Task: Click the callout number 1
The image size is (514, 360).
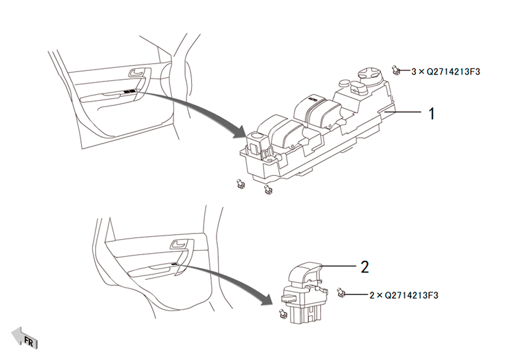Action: (x=432, y=114)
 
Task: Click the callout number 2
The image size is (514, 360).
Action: (x=364, y=267)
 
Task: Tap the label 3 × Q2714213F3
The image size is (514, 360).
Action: (x=446, y=71)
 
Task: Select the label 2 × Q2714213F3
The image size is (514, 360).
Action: (x=404, y=295)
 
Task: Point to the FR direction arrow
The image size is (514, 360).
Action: (x=25, y=338)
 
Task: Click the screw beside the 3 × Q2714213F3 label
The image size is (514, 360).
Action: (x=396, y=70)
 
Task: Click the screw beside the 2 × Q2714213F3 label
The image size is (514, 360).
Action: (x=341, y=293)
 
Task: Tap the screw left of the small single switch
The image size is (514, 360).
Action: (x=282, y=314)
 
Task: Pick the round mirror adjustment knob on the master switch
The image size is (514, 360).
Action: (x=370, y=74)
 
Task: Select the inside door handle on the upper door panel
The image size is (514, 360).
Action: (x=137, y=72)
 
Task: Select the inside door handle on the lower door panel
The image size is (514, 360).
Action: (x=179, y=244)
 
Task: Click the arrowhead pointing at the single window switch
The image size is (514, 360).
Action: (x=267, y=298)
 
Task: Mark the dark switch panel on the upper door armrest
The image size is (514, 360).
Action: (x=130, y=91)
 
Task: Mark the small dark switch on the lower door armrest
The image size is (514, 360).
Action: (x=174, y=264)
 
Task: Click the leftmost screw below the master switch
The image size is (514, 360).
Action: (x=240, y=185)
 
